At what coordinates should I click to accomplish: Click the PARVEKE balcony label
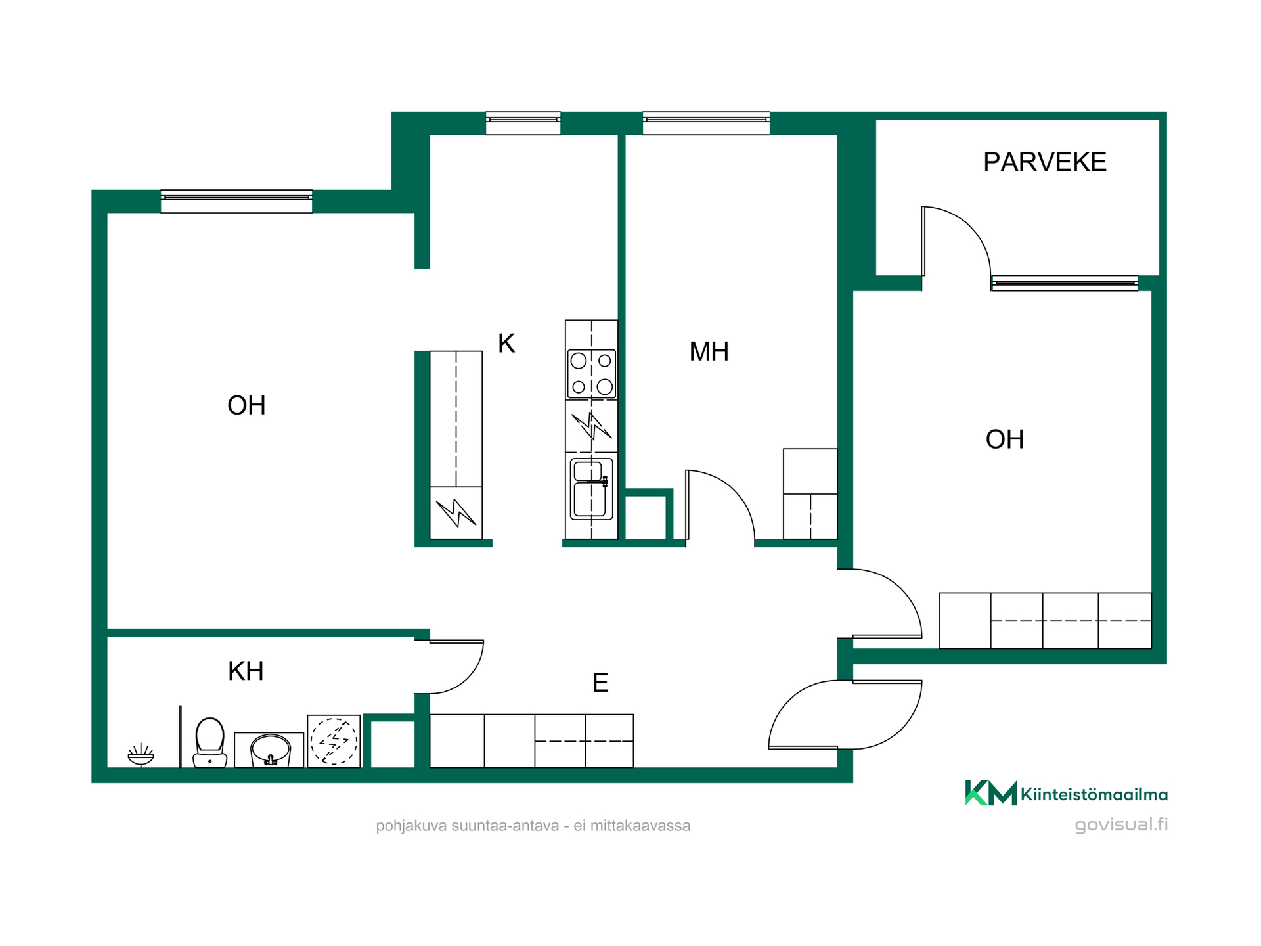tap(1044, 162)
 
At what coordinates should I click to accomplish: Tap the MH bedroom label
tap(709, 351)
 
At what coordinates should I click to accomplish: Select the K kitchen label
tap(506, 344)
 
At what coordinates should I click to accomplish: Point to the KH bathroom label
tap(246, 671)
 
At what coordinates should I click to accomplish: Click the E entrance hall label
tap(600, 683)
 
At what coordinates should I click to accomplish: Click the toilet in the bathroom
tap(210, 742)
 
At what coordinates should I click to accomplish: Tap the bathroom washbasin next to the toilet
tap(270, 750)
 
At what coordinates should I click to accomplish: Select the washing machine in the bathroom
tap(334, 741)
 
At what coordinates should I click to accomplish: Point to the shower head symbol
tap(141, 755)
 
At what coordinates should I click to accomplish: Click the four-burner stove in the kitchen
tap(591, 374)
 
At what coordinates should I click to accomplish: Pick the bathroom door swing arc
tap(468, 677)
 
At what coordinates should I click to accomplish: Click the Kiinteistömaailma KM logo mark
tap(990, 793)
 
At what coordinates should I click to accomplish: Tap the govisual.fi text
tap(1121, 825)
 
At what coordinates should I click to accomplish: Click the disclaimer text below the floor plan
tap(533, 826)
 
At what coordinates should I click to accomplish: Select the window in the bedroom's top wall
tap(706, 124)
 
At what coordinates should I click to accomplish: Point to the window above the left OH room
tap(236, 202)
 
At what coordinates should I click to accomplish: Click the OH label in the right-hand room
tap(1004, 439)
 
